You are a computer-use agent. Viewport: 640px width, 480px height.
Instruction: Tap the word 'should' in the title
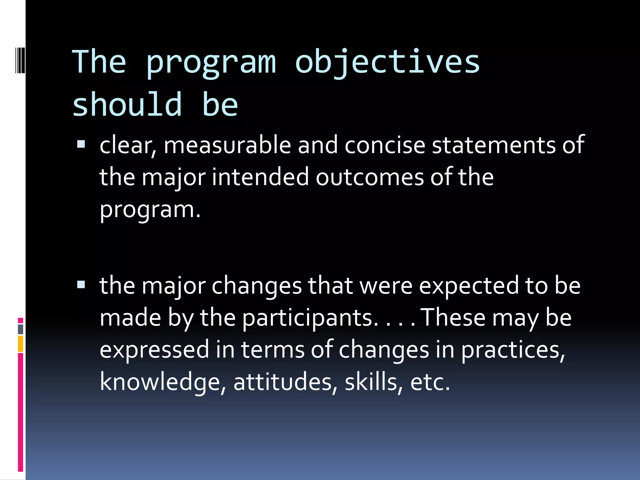click(127, 105)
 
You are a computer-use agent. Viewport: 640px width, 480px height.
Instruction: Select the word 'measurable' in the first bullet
click(227, 145)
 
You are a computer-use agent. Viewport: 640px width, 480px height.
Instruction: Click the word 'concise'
click(385, 145)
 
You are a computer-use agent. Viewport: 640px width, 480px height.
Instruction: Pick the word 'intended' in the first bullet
click(260, 177)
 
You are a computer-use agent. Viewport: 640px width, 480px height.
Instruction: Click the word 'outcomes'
click(370, 177)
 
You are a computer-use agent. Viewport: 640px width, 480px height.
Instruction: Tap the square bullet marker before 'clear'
click(81, 144)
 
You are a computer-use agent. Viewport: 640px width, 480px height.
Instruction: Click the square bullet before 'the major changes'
click(81, 284)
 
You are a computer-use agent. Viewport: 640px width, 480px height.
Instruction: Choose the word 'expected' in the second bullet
click(469, 286)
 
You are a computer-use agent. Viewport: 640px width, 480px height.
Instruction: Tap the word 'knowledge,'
click(163, 382)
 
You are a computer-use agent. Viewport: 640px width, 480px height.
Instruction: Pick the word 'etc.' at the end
click(430, 382)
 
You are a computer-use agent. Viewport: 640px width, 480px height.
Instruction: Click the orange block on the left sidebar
click(20, 344)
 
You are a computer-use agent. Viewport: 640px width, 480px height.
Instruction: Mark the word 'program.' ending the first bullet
click(150, 210)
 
